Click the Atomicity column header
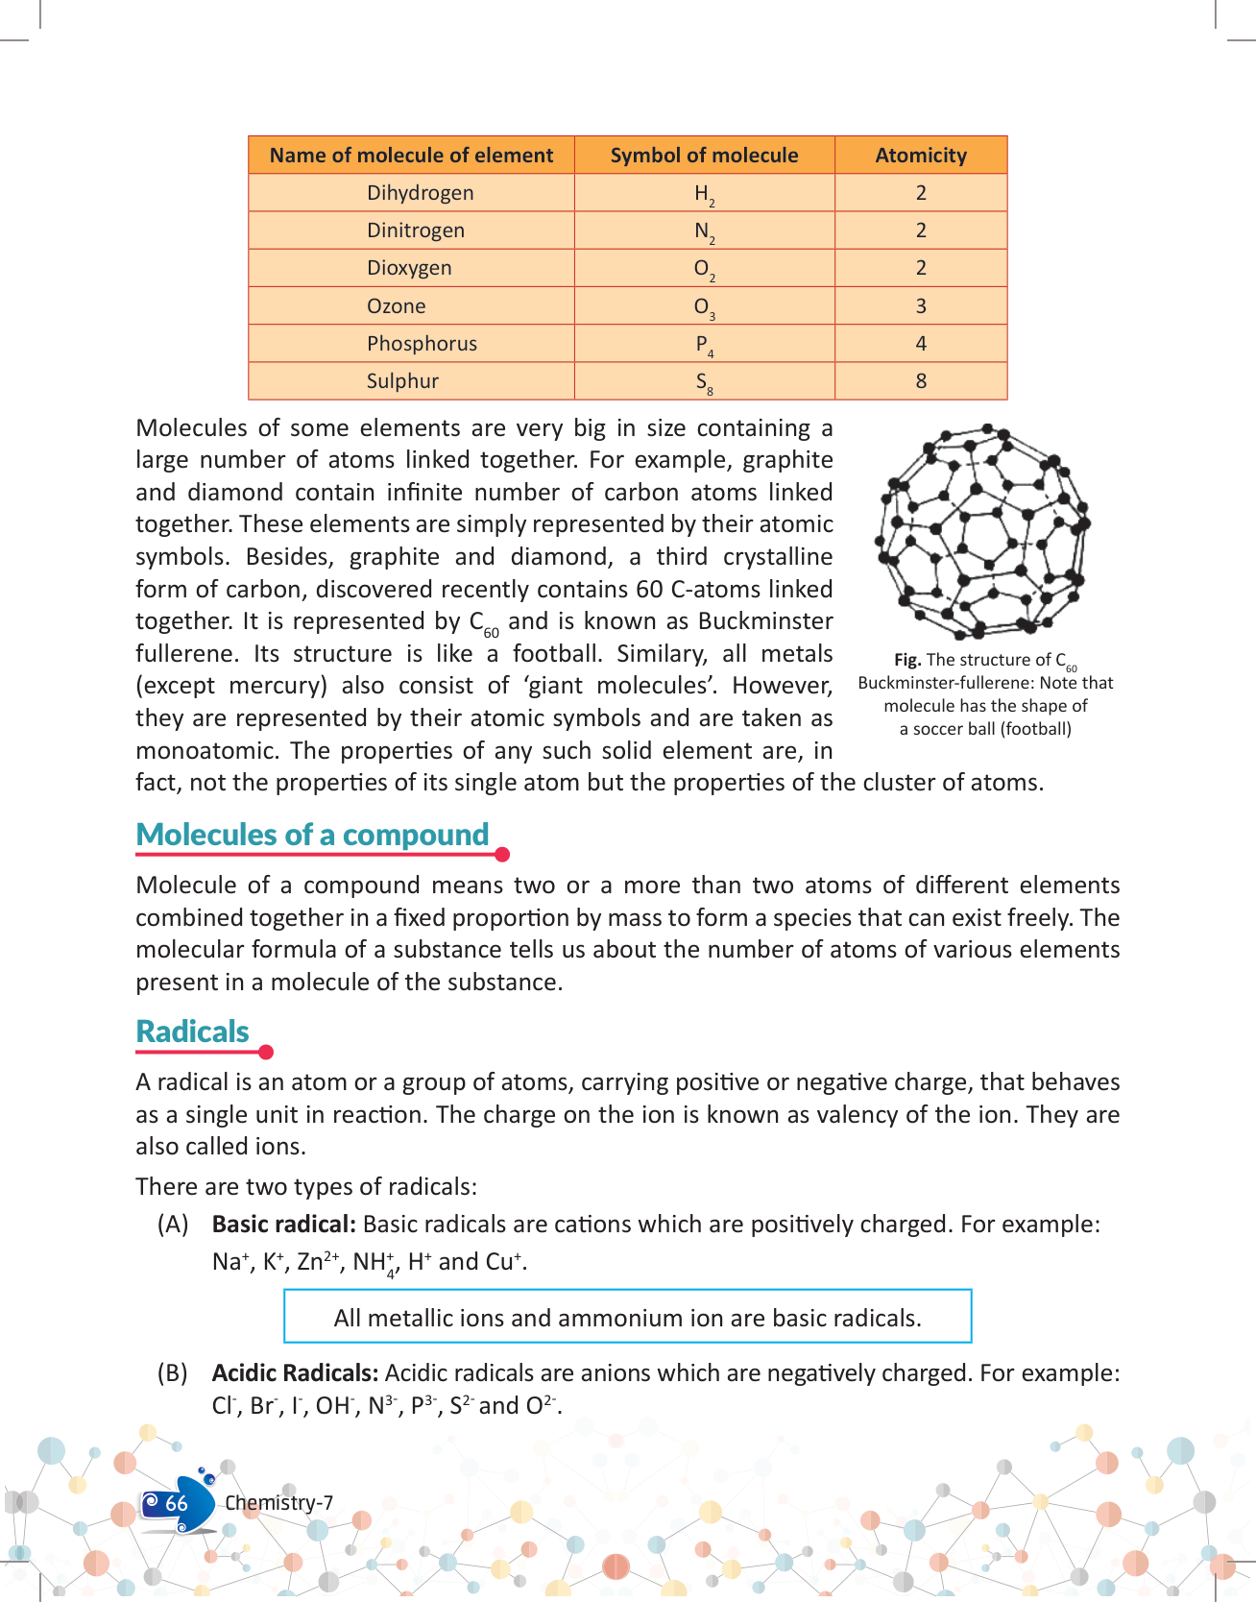coord(921,156)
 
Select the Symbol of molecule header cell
coord(704,156)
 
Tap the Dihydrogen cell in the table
coord(420,193)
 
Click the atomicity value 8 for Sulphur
coord(921,381)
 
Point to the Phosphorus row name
coord(422,344)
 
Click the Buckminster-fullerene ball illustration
coord(982,530)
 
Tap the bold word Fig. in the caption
coord(907,660)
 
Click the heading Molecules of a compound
coord(312,835)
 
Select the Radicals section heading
coord(192,1032)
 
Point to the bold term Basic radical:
coord(284,1225)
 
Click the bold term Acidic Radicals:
coord(295,1373)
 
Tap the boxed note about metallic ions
coord(627,1318)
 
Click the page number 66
coord(177,1503)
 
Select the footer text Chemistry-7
coord(278,1503)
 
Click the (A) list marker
coord(173,1225)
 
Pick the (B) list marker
coord(173,1373)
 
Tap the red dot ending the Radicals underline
coord(266,1053)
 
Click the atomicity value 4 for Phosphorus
coord(921,344)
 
